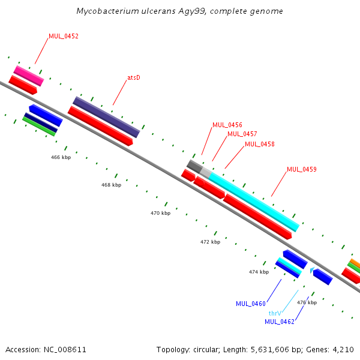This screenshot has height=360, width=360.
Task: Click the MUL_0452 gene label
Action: coord(64,36)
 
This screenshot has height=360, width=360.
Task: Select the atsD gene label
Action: coord(134,77)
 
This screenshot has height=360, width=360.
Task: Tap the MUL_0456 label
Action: coord(227,125)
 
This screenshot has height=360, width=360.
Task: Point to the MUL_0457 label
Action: coord(242,134)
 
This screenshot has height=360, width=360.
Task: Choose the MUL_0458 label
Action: coord(260,144)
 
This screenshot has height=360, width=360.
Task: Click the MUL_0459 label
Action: coord(302,169)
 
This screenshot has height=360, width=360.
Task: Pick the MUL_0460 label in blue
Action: coord(251,304)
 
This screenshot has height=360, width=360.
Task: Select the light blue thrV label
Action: coord(275,313)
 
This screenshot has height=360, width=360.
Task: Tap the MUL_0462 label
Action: coord(280,322)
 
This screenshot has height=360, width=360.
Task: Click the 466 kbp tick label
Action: coord(61,157)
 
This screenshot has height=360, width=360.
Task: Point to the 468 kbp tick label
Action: coord(112,185)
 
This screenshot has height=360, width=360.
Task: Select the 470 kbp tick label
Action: coord(160,213)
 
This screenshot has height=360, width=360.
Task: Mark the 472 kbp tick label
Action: coord(211,242)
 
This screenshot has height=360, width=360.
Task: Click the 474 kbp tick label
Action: coord(259,272)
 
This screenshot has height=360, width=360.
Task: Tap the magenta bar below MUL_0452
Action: coord(29,76)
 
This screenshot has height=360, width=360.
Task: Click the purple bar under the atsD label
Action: coord(106,117)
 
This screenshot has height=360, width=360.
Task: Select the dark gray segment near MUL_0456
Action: coord(194,166)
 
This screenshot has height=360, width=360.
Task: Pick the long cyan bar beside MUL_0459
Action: coord(254,202)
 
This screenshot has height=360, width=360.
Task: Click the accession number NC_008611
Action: coord(65,350)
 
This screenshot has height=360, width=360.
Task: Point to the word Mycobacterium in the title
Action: coord(107,11)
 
